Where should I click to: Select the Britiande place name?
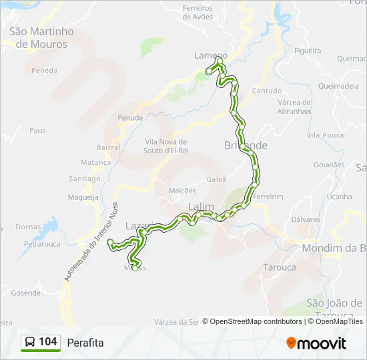246,145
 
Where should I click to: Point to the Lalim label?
200,206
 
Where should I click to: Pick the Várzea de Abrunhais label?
294,107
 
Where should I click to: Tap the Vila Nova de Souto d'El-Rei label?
165,146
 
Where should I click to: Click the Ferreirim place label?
269,197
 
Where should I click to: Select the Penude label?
130,118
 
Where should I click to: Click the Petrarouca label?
42,244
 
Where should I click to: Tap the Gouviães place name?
329,165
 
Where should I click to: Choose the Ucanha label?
339,197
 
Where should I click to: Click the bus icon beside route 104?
30,343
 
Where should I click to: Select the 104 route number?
48,342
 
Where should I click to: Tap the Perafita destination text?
85,343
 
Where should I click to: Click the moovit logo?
316,343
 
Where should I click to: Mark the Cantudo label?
267,91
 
